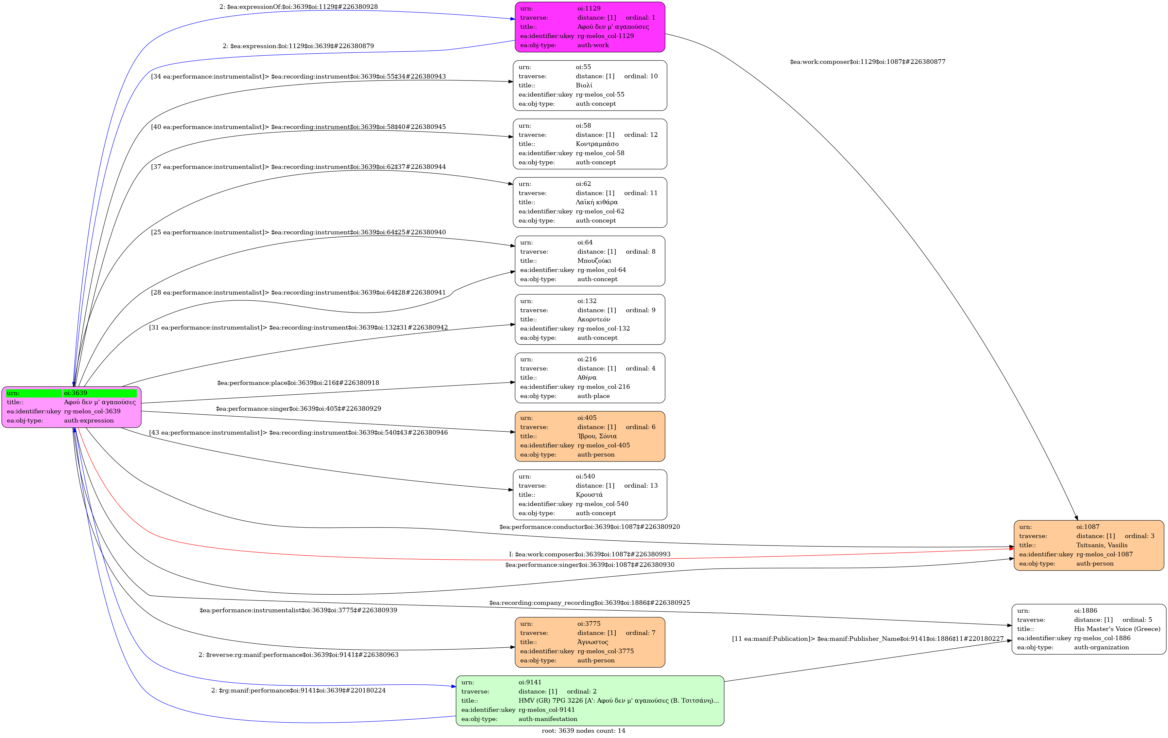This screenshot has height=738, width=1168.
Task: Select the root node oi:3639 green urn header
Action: coord(71,393)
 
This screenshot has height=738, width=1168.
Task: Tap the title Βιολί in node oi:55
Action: coord(584,85)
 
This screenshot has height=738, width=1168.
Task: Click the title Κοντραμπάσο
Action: coord(597,144)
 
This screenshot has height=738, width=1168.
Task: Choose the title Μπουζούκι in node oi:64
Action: coord(594,261)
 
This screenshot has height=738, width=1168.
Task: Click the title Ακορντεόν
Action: coord(593,319)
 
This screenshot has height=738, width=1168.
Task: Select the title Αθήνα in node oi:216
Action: coord(586,377)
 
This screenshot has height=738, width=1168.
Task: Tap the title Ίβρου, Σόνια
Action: coord(597,436)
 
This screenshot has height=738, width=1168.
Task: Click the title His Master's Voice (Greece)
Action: coord(1117,629)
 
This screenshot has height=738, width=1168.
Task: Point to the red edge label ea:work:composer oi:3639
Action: coord(589,554)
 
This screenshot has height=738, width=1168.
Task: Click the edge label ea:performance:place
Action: coord(298,383)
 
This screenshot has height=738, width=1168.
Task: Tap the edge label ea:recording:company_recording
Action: coord(589,603)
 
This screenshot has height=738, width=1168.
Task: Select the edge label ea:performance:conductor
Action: coord(589,527)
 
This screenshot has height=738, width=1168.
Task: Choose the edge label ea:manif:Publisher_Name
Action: coord(867,639)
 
